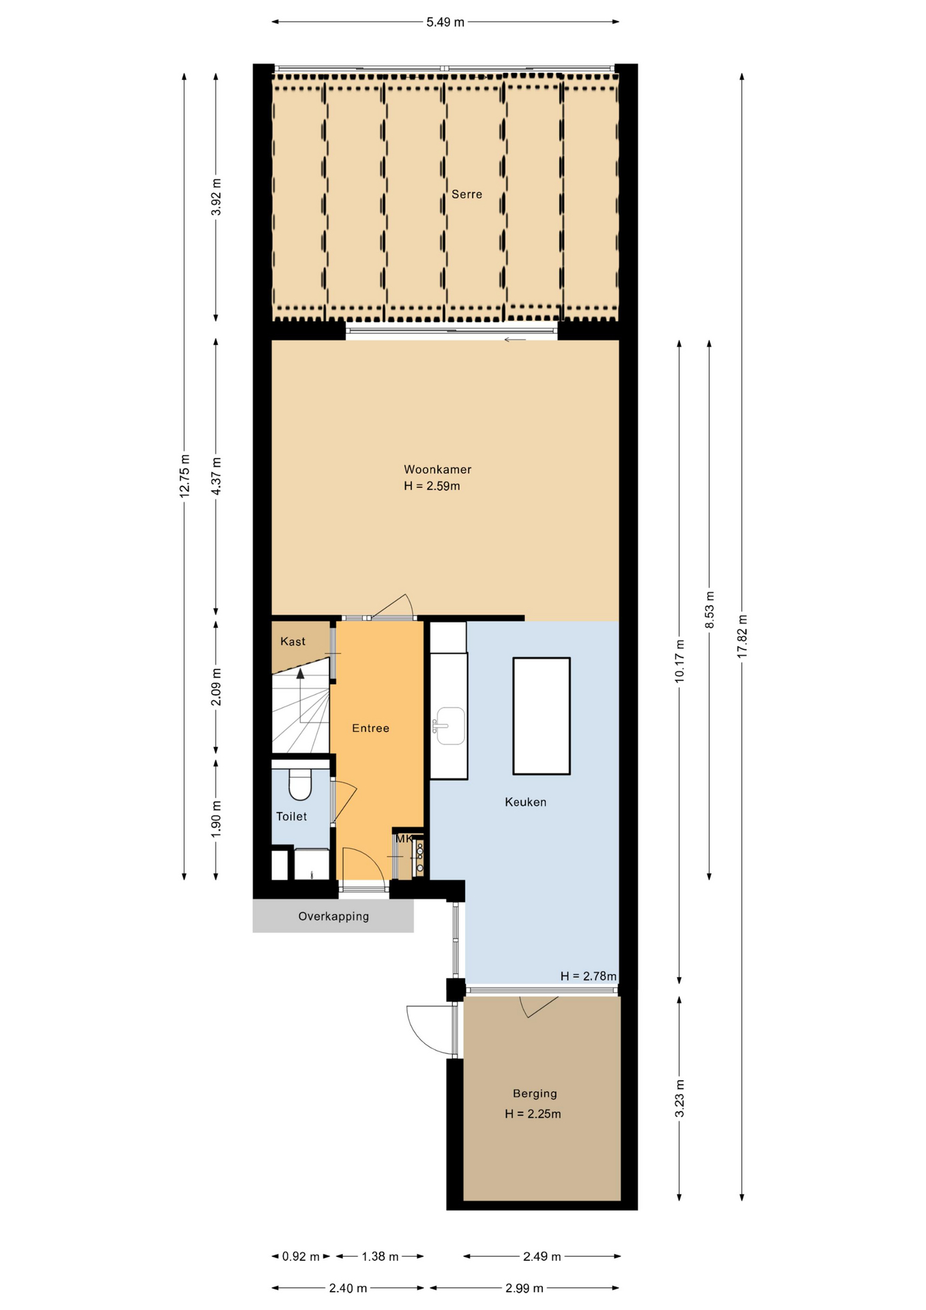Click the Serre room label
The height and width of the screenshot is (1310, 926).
click(466, 194)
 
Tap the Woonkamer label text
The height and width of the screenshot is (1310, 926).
click(437, 469)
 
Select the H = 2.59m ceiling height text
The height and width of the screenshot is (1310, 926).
click(432, 486)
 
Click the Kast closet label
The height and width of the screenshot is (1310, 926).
click(293, 641)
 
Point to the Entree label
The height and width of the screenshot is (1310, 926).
click(370, 728)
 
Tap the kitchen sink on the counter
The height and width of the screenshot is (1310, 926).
click(449, 725)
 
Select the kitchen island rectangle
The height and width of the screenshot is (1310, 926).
click(541, 716)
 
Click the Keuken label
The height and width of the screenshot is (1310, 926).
click(525, 802)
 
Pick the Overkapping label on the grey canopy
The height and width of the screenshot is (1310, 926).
click(333, 916)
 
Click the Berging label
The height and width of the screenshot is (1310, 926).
click(535, 1093)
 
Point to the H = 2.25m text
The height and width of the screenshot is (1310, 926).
click(533, 1113)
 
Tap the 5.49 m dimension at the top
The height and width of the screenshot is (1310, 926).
click(445, 22)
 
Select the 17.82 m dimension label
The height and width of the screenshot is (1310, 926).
click(742, 636)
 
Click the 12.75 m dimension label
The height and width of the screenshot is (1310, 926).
click(184, 476)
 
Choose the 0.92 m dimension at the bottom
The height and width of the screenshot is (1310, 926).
click(301, 1256)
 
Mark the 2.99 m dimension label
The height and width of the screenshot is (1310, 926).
click(524, 1288)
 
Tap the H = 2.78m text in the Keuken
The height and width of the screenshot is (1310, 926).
click(588, 976)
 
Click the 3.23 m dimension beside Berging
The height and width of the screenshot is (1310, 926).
click(679, 1098)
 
